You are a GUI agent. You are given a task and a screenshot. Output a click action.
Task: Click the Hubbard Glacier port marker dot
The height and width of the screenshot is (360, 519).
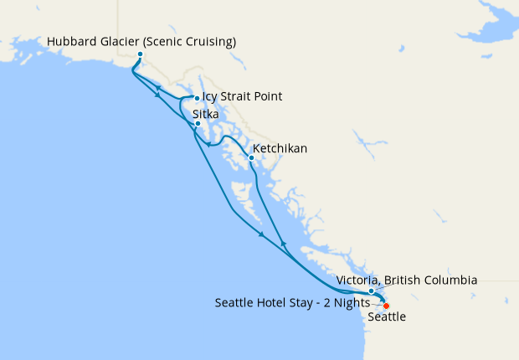click(140, 55)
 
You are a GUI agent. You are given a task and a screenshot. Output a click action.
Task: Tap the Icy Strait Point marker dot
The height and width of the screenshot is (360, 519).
click(197, 98)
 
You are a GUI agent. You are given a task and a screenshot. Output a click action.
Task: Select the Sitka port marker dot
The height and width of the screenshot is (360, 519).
click(198, 124)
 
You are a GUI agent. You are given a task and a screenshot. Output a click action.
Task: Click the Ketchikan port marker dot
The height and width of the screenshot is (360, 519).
click(251, 157)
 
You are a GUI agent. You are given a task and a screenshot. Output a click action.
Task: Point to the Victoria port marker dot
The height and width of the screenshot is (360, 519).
click(372, 291)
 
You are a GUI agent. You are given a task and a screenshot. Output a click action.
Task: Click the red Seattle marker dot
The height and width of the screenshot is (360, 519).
click(386, 306)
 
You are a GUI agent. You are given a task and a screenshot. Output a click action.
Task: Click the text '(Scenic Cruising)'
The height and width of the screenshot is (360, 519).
click(188, 42)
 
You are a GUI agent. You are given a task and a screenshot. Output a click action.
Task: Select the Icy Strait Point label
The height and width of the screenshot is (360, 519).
click(242, 97)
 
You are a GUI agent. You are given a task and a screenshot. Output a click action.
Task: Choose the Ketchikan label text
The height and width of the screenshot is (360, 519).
click(280, 149)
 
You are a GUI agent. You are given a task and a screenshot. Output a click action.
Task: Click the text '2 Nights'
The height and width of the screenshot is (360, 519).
click(347, 302)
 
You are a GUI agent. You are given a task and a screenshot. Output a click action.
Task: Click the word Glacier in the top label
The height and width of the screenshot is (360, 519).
click(117, 42)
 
